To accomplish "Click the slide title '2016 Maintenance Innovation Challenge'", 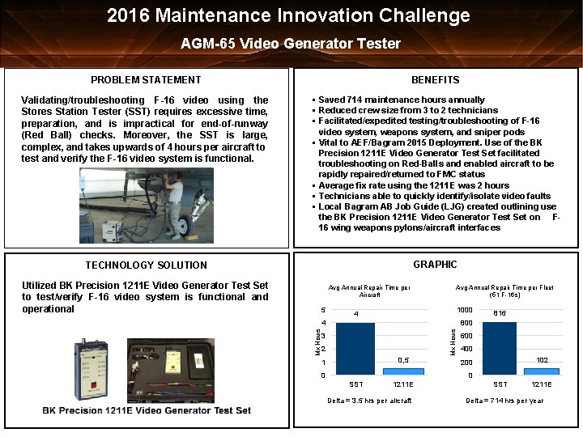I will (x=289, y=15).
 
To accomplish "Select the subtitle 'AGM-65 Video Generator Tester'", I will (x=291, y=44).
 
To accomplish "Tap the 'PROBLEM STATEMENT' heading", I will (x=146, y=79).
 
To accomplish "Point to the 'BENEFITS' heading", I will (x=435, y=79).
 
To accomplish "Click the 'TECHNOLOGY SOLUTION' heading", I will (x=146, y=265).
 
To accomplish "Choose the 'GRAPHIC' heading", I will (x=435, y=265).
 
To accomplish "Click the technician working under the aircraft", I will (x=173, y=207).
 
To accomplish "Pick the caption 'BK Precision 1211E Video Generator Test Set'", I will (x=147, y=410).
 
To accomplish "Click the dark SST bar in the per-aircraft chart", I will (x=355, y=348).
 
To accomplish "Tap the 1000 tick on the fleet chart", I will (x=465, y=310).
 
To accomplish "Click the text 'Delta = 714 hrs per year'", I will (x=504, y=401).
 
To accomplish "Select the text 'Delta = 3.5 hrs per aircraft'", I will (x=368, y=401).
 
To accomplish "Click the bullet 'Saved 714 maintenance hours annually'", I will (x=402, y=100).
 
